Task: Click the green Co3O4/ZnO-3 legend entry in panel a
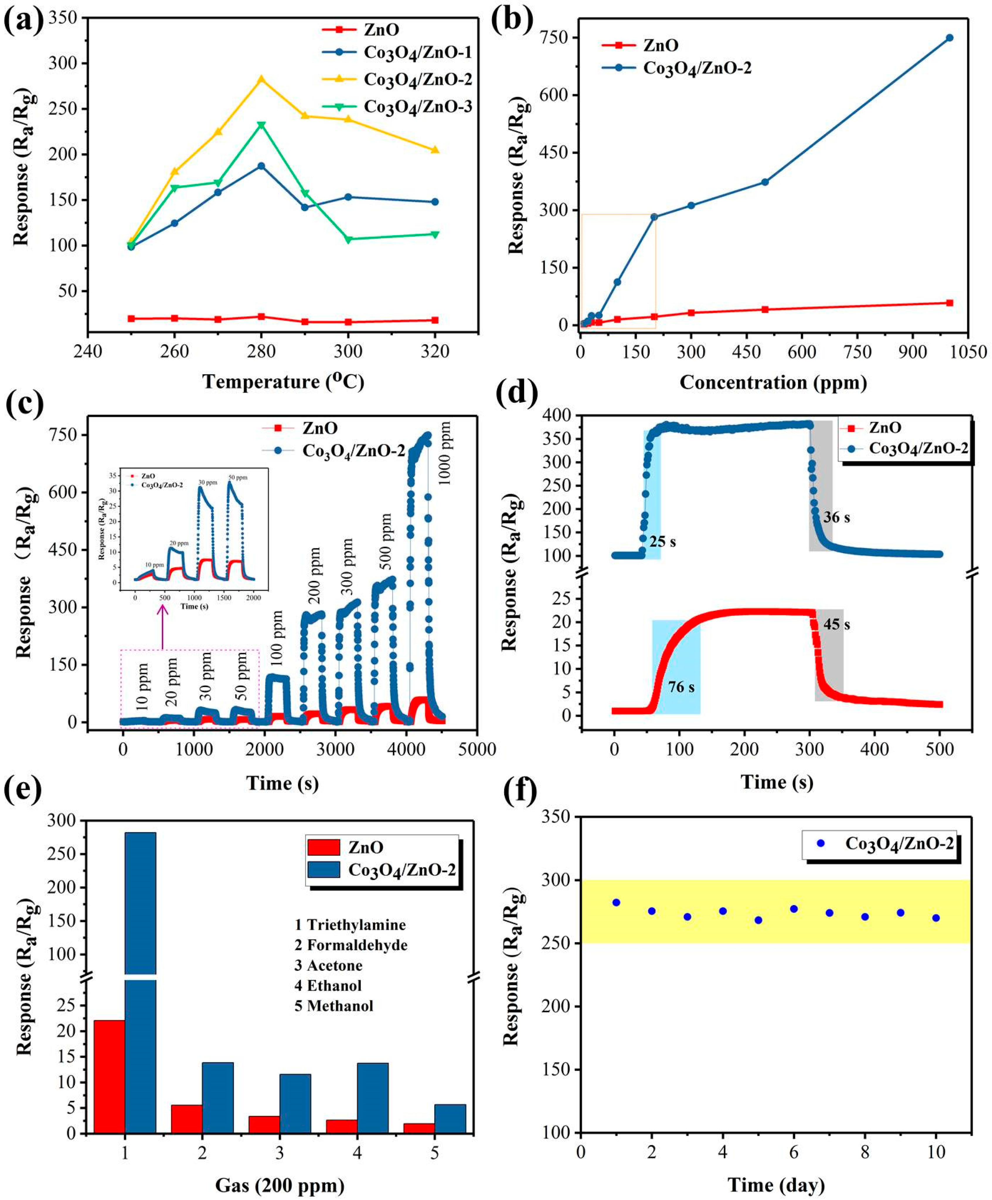[x=417, y=107]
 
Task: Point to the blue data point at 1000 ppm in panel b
[x=949, y=38]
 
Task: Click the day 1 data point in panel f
[x=616, y=902]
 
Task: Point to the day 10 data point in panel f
[x=935, y=918]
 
